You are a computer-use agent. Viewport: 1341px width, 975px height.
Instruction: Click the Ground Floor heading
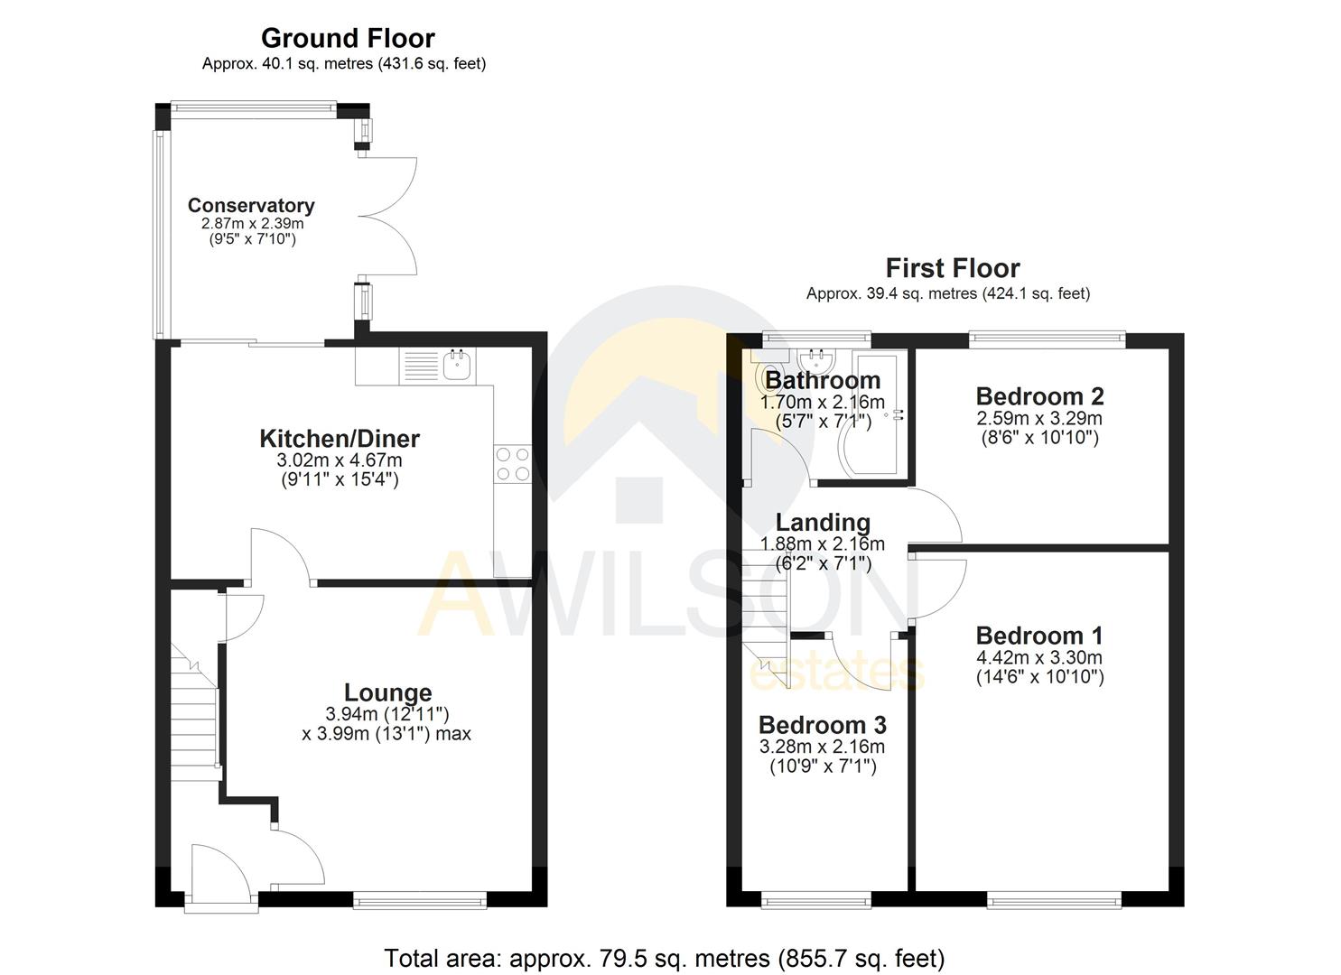(x=348, y=38)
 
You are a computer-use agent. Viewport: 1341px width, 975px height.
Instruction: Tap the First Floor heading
(x=952, y=268)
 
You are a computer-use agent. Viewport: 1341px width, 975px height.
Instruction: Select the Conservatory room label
(x=251, y=206)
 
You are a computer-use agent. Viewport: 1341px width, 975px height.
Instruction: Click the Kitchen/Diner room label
(x=340, y=439)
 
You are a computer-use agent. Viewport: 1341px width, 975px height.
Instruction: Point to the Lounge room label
(x=388, y=692)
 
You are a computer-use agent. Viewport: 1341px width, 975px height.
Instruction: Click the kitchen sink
(x=460, y=366)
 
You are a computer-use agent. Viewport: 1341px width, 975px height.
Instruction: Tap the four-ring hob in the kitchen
(x=513, y=464)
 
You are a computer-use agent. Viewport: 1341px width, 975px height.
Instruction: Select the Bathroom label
(x=823, y=380)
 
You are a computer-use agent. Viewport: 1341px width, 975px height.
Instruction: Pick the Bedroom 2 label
(x=1039, y=396)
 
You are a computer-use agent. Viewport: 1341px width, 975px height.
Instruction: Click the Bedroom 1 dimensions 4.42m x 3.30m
(x=1039, y=658)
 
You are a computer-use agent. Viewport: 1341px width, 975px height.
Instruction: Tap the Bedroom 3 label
(x=822, y=725)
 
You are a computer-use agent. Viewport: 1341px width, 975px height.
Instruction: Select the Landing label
(x=823, y=523)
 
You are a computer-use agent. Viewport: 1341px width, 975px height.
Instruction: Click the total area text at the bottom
(x=664, y=958)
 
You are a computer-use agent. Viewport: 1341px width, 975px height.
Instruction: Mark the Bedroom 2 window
(x=1048, y=339)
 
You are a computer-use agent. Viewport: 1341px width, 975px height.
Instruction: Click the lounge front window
(x=420, y=899)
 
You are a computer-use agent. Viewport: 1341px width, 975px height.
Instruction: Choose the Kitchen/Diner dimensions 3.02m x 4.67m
(x=340, y=460)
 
